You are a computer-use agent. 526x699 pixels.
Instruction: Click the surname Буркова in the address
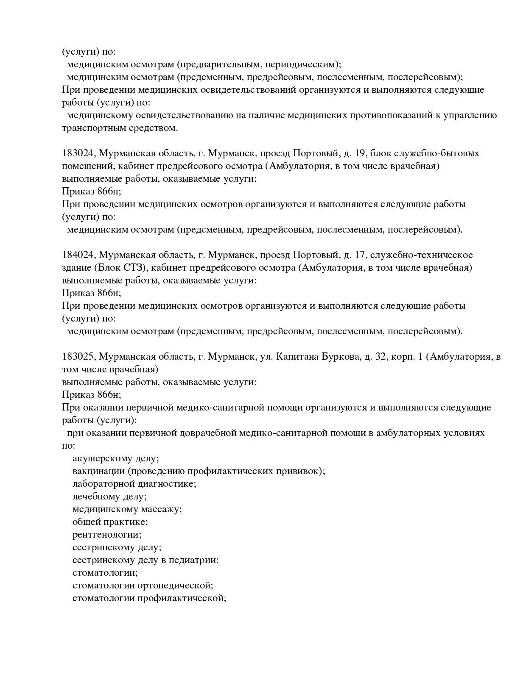pos(341,357)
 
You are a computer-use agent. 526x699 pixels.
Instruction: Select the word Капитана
pos(295,357)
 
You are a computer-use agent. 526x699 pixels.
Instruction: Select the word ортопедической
pos(175,585)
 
